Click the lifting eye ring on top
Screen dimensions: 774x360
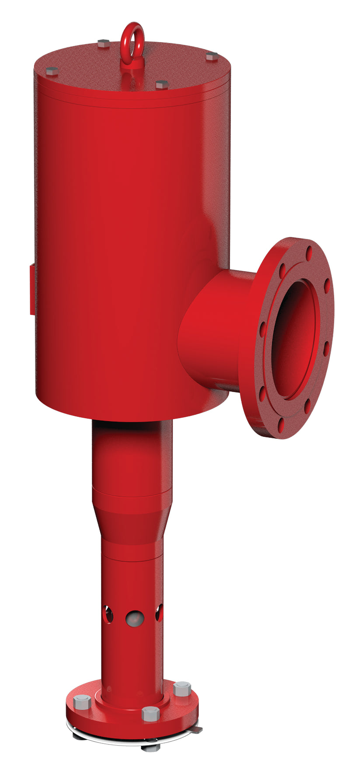(x=132, y=35)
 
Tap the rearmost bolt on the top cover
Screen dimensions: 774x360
(x=104, y=43)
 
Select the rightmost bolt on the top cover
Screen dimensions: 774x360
(x=212, y=56)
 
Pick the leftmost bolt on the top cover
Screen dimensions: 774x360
(x=52, y=71)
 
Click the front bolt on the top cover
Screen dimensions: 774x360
(x=162, y=84)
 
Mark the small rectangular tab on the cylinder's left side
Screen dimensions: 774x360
(x=32, y=288)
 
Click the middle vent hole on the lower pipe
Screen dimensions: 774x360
(x=135, y=618)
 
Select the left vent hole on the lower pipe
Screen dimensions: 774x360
(x=107, y=613)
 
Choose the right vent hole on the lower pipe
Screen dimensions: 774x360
(x=159, y=613)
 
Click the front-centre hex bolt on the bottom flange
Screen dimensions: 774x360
(x=150, y=714)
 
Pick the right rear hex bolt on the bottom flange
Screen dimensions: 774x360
(x=182, y=689)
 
